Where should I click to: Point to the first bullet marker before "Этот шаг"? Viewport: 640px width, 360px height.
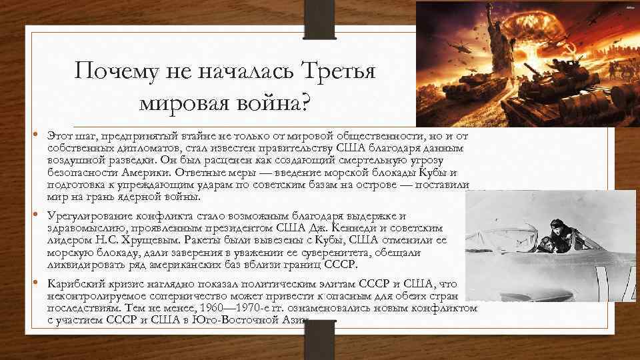point(37,136)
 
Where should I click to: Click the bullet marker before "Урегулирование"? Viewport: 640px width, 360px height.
point(37,215)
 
